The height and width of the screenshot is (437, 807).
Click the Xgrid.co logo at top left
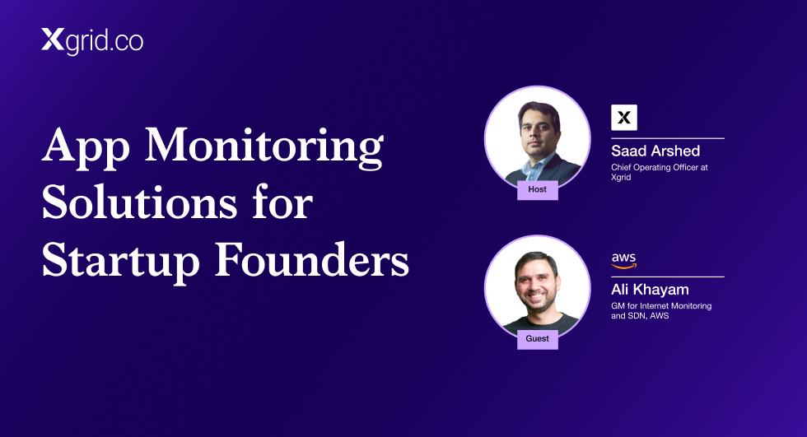pos(92,41)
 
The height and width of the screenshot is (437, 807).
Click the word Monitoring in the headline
pos(264,148)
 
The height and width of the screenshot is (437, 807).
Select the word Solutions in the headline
pos(139,202)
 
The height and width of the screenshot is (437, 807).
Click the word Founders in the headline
pos(312,259)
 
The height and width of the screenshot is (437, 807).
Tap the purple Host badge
pos(537,190)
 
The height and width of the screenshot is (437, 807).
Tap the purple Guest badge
pos(537,339)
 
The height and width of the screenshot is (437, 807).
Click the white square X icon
pos(624,117)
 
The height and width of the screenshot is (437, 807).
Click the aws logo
pos(624,261)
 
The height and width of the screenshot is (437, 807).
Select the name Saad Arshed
pos(655,151)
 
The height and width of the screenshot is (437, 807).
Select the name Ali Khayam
pos(650,290)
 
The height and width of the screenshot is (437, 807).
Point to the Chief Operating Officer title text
pos(660,172)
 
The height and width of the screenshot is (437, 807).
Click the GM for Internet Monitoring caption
pos(661,310)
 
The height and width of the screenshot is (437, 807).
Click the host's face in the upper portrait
pos(539,132)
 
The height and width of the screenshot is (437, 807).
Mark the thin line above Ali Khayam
pos(668,277)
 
